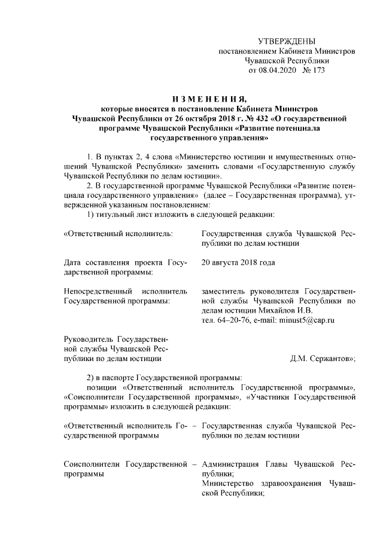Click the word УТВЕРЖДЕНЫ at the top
coord(286,41)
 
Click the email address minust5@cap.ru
coord(306,320)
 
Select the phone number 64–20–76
coord(235,320)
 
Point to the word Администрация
coord(230,464)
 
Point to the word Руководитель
coord(89,339)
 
